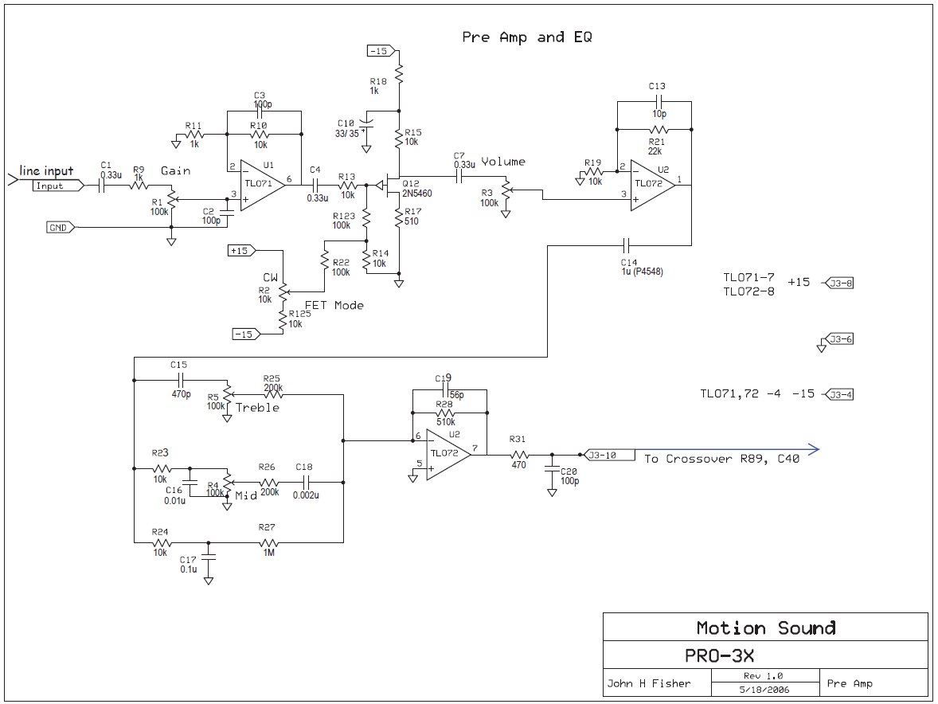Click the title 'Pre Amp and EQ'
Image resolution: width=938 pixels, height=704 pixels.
click(x=526, y=37)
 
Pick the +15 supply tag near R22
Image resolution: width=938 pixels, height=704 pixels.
click(x=241, y=251)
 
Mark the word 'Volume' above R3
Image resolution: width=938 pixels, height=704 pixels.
click(x=503, y=162)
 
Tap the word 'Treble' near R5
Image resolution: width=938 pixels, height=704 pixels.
click(x=257, y=408)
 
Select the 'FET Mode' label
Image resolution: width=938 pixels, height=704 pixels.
click(x=334, y=305)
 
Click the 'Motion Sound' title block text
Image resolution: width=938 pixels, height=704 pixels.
click(x=766, y=628)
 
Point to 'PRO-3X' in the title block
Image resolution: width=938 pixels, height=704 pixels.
click(x=719, y=656)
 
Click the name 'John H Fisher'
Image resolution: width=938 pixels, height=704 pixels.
click(x=649, y=683)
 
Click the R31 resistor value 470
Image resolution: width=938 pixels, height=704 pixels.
click(x=518, y=465)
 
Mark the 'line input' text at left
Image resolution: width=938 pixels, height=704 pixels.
click(x=46, y=170)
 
